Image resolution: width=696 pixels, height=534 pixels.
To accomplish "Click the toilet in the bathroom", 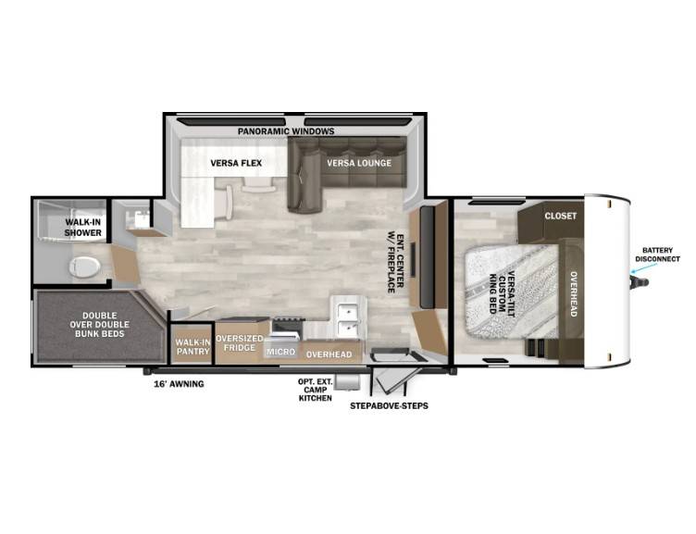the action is click(x=84, y=267).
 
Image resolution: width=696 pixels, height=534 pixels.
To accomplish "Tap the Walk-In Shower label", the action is click(x=83, y=228).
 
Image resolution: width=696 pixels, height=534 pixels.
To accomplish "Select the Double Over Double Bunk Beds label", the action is click(x=99, y=325).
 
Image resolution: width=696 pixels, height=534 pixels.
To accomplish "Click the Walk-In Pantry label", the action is click(x=193, y=347).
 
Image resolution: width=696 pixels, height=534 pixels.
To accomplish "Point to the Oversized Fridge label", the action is click(x=239, y=343).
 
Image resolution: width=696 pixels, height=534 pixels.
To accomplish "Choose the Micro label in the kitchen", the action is click(x=281, y=352).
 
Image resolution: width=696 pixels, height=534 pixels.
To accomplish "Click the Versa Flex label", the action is click(x=236, y=164).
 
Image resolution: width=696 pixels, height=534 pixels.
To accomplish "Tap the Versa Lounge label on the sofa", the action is click(x=359, y=163).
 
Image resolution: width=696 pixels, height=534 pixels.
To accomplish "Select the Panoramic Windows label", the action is click(x=286, y=131).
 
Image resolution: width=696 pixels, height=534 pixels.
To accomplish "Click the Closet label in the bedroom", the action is click(x=561, y=216).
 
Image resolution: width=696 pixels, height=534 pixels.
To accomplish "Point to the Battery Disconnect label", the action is click(x=657, y=255).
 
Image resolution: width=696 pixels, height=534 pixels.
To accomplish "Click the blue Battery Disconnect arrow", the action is click(x=645, y=267).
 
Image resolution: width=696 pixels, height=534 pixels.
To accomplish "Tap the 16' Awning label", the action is click(x=179, y=384).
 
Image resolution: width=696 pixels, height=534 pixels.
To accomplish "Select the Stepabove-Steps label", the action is click(x=389, y=405).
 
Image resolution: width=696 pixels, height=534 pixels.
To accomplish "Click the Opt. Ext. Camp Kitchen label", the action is click(x=316, y=390).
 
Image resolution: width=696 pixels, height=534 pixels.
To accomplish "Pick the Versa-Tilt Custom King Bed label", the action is click(x=502, y=292).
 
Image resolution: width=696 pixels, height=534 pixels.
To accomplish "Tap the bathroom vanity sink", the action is click(x=139, y=218).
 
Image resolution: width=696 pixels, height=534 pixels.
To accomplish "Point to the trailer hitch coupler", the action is click(x=641, y=281).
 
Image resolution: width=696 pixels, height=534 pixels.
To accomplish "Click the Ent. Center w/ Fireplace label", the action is click(x=395, y=263).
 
